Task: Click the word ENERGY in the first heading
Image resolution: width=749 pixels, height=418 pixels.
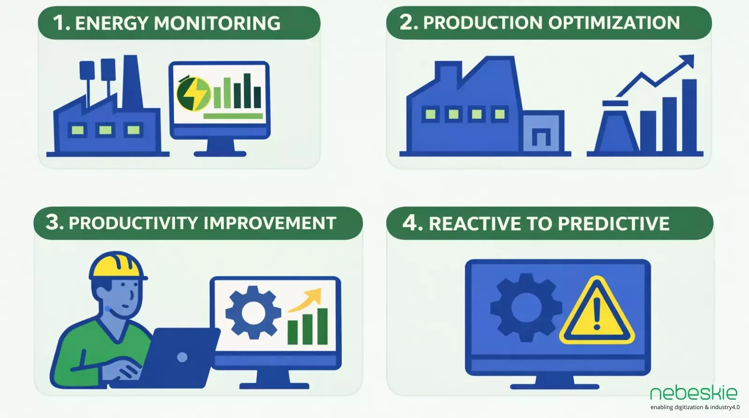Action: (111, 23)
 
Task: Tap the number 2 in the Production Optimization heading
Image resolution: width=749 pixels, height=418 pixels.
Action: (406, 22)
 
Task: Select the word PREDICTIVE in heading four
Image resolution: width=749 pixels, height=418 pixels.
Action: (613, 224)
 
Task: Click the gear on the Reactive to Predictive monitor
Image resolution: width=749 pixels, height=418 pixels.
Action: (526, 307)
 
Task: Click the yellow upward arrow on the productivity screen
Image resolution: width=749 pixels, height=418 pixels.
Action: (307, 300)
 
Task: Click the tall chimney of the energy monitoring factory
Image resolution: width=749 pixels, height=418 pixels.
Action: (132, 82)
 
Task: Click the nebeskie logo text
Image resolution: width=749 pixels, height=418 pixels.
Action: (693, 393)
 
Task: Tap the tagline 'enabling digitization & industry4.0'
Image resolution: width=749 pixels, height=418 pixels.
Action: (695, 407)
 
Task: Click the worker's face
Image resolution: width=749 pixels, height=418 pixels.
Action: (125, 298)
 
